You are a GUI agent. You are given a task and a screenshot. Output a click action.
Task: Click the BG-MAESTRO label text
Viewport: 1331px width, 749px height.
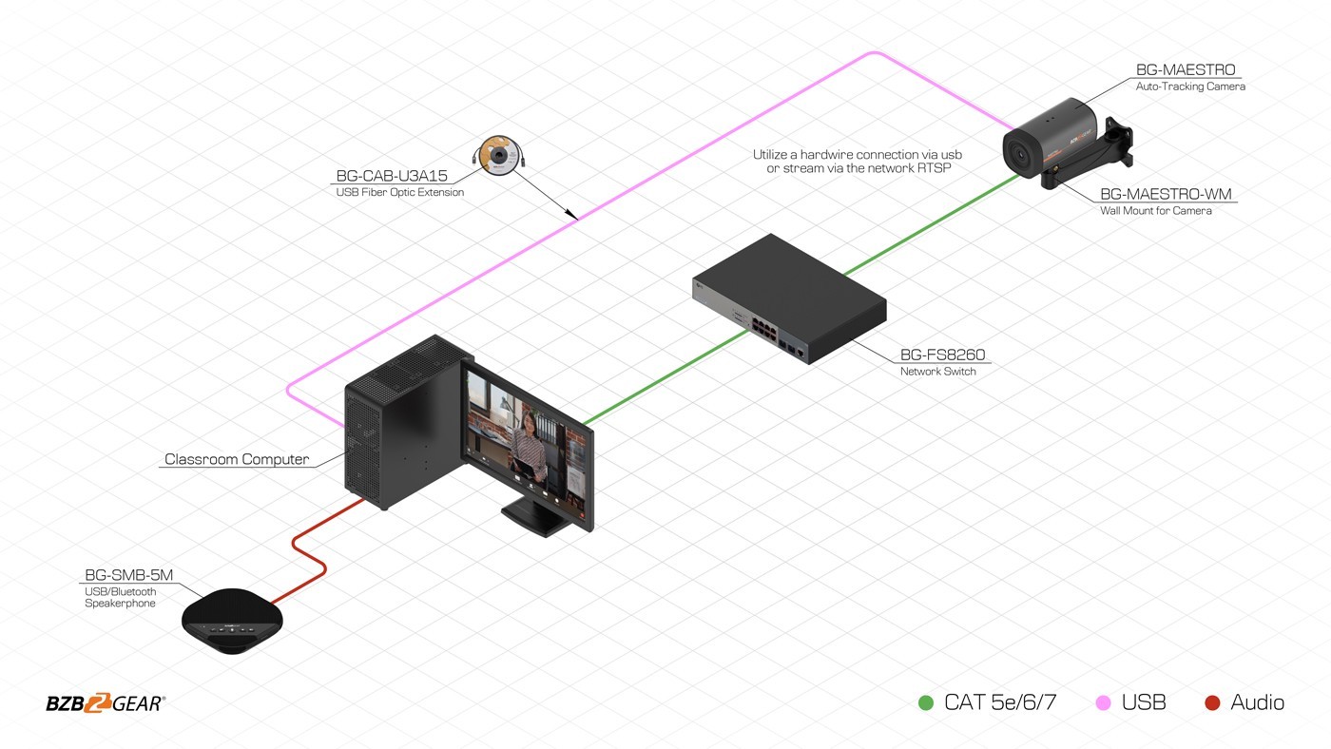[1186, 69]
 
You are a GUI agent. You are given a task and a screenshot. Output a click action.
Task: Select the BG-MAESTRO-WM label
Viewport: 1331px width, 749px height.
[1166, 194]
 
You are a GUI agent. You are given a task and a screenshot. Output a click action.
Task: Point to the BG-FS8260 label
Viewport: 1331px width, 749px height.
[942, 355]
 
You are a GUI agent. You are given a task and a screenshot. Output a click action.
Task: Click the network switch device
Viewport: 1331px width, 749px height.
[789, 298]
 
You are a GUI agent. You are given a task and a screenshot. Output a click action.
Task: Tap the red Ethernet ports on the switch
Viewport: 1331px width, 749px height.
[764, 329]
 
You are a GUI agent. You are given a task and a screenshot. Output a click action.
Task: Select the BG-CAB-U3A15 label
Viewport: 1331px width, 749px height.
[392, 176]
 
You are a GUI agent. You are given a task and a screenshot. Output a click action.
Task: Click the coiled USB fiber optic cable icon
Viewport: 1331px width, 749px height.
[498, 154]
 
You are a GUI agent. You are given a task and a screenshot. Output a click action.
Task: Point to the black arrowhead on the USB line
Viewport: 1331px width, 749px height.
[571, 214]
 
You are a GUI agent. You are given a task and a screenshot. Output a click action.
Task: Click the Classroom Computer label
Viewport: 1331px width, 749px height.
[237, 459]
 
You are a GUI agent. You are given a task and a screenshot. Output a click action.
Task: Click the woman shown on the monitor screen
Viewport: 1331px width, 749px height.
[530, 448]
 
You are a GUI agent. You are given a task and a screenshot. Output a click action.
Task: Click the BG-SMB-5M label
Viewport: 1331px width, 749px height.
[129, 575]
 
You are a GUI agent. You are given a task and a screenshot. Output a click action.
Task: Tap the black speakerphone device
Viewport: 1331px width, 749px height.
[232, 621]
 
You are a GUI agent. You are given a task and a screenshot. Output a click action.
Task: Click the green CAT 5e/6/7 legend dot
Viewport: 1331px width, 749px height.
[926, 702]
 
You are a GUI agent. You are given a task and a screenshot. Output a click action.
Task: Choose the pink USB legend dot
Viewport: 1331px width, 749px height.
[1103, 702]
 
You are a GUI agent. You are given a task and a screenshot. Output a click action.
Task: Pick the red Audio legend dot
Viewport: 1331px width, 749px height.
[1212, 702]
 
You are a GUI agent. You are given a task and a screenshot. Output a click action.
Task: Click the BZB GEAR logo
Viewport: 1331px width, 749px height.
[106, 702]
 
